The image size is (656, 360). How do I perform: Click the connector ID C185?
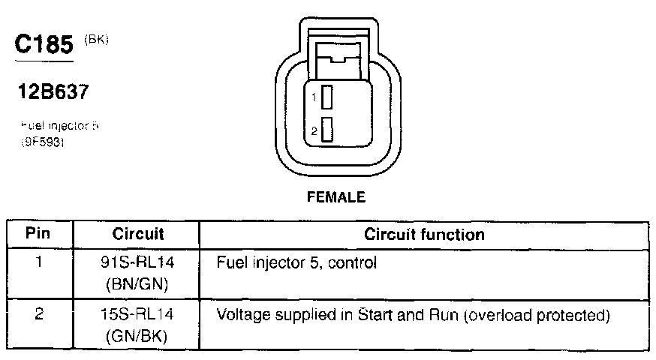[44, 46]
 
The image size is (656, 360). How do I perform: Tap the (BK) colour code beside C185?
[98, 40]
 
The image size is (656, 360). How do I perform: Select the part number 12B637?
[54, 93]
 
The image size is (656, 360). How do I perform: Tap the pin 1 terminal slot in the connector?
[326, 97]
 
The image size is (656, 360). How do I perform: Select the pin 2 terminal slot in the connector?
[326, 130]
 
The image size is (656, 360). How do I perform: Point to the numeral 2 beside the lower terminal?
[315, 131]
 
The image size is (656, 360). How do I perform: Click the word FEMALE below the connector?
[336, 198]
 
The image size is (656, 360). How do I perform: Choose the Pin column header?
[38, 234]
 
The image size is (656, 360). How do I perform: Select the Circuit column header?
[138, 234]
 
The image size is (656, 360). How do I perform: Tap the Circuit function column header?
[424, 234]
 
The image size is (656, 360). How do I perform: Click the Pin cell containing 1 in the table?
[38, 263]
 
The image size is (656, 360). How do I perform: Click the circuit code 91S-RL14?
[138, 263]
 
